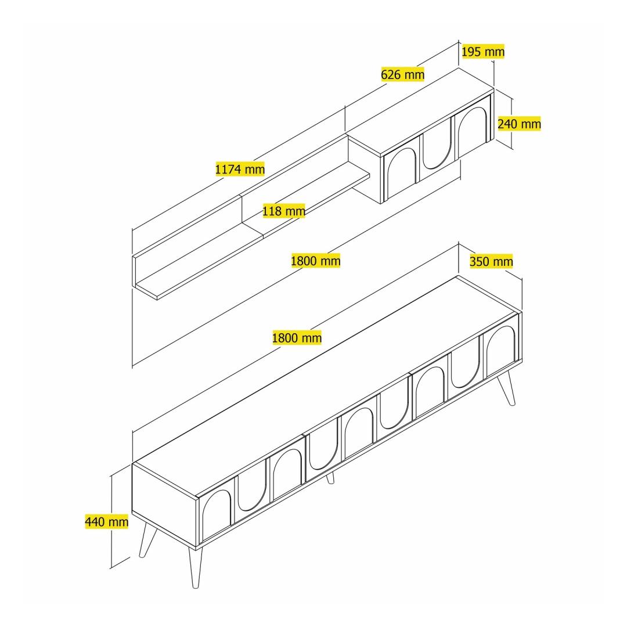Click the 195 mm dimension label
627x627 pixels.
click(483, 52)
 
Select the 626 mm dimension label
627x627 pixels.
click(403, 74)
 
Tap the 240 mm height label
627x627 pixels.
click(519, 124)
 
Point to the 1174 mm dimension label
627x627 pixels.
click(240, 169)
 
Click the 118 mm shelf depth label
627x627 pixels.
click(284, 211)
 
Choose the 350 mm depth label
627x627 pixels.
click(491, 261)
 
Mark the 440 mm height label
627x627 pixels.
click(107, 521)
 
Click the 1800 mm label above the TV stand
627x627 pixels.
click(297, 338)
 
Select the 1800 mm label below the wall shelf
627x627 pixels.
click(315, 261)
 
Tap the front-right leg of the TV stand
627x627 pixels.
click(506, 388)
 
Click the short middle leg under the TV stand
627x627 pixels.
click(330, 478)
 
